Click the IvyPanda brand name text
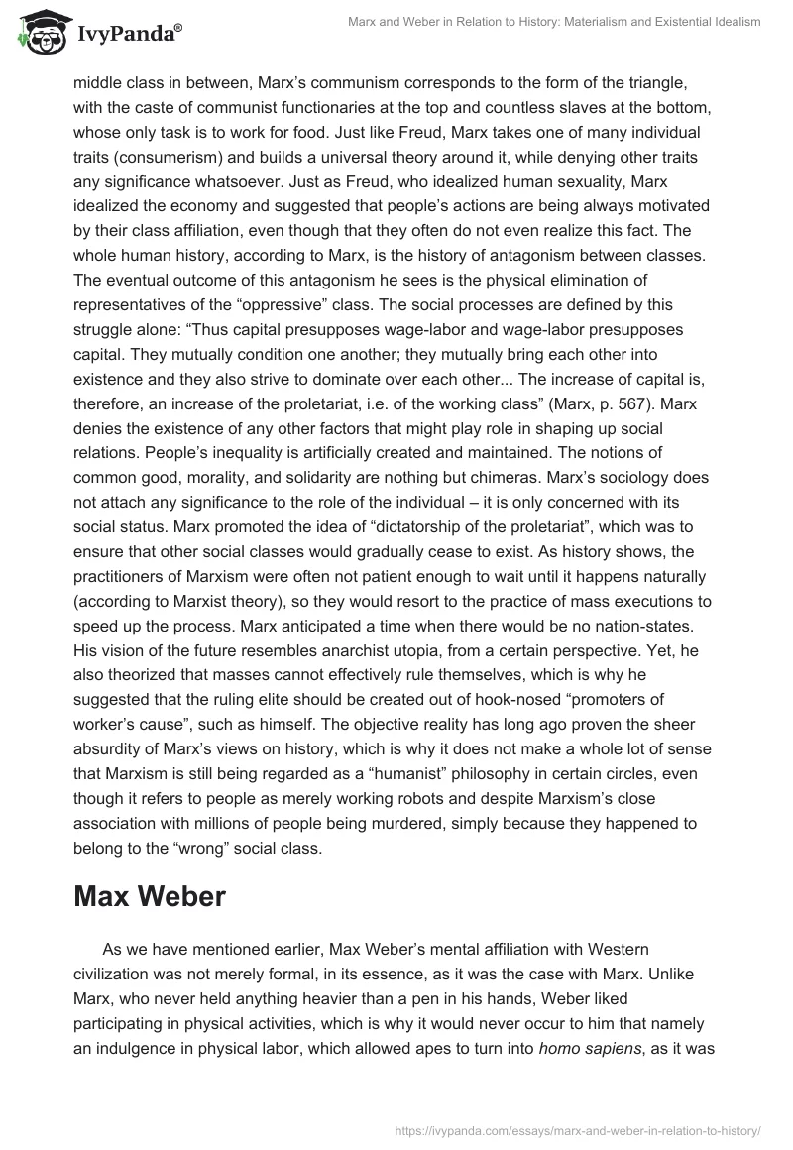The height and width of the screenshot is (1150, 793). point(126,34)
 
